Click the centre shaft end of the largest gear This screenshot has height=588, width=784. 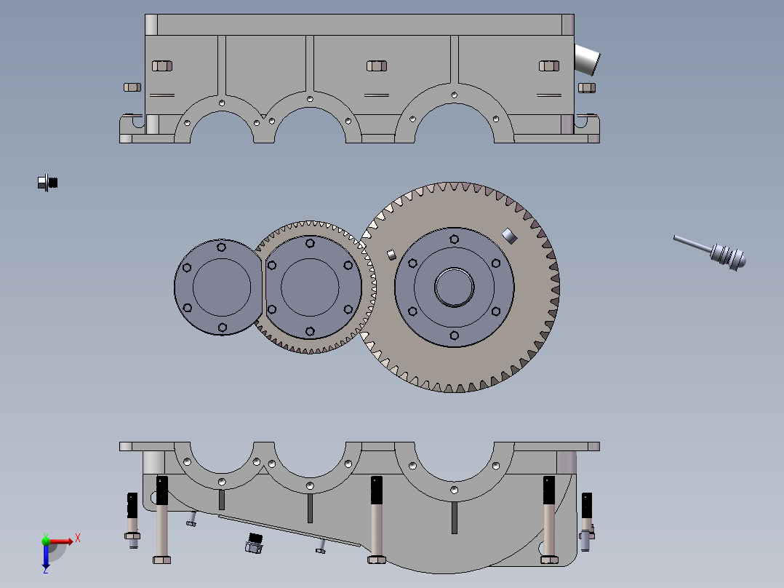[x=454, y=286]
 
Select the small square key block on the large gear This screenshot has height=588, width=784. [x=508, y=234]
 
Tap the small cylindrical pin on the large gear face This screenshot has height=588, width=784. [x=391, y=254]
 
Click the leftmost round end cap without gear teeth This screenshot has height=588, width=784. [x=218, y=287]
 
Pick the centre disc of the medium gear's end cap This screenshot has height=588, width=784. [x=309, y=287]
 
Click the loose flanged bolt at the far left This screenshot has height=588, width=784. [x=47, y=182]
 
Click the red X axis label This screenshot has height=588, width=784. [x=77, y=538]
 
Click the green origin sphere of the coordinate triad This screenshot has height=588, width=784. [x=46, y=541]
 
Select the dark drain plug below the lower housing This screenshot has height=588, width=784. [x=253, y=543]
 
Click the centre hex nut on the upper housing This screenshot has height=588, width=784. [x=376, y=66]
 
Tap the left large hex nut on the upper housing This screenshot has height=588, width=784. [x=162, y=66]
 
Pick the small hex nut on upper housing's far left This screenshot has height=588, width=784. [x=132, y=87]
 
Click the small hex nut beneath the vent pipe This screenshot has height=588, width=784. [x=586, y=88]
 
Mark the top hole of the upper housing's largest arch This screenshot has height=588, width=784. [x=454, y=95]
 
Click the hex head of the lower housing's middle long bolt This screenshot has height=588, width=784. [x=376, y=560]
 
